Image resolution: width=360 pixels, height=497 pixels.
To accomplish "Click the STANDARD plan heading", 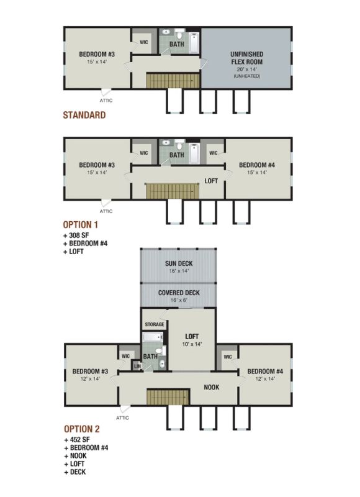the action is tap(84, 115).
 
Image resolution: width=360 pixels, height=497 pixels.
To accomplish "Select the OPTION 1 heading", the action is tap(81, 225).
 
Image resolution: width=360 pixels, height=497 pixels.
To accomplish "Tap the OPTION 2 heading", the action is tap(82, 429).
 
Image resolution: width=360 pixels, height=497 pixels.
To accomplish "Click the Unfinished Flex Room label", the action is tap(246, 58).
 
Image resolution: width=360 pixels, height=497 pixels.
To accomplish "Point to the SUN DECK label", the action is tap(179, 263).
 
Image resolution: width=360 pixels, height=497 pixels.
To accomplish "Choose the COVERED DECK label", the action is tap(179, 293).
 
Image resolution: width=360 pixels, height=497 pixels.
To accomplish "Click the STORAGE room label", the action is tap(155, 324).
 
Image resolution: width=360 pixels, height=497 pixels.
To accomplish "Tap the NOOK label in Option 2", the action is tap(212, 387).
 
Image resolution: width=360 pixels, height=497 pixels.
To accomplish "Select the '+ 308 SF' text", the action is tap(76, 235).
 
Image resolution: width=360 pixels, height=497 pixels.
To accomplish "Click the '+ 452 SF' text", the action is tap(77, 440).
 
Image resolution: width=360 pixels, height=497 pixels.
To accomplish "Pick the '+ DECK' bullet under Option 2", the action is tap(75, 472).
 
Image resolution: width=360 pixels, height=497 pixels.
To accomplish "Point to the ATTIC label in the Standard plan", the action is tap(106, 101).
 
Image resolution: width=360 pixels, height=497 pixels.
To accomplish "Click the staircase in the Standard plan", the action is tap(173, 81).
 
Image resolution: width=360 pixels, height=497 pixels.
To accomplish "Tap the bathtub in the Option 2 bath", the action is tap(153, 337).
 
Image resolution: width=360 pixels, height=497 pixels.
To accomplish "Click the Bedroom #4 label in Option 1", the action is tap(257, 165).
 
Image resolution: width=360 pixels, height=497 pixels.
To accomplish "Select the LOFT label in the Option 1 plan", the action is tap(211, 181).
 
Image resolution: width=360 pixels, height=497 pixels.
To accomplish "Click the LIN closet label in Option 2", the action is tap(137, 366).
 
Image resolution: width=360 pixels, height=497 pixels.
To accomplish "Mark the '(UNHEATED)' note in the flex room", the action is tap(247, 76).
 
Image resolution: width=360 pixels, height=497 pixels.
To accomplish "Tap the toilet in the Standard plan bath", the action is tap(179, 34).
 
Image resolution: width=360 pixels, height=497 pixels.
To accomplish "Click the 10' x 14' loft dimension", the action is tap(192, 344).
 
